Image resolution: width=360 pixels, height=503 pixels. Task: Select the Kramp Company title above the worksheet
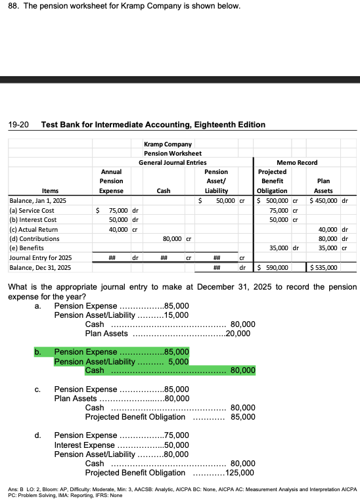click(x=167, y=144)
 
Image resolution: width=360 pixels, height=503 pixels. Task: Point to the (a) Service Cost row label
click(x=32, y=210)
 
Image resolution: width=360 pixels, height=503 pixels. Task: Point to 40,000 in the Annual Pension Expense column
click(x=118, y=229)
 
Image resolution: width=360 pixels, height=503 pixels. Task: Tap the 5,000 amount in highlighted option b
click(x=179, y=361)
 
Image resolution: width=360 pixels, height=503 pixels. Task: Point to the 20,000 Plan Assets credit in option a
click(x=237, y=334)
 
